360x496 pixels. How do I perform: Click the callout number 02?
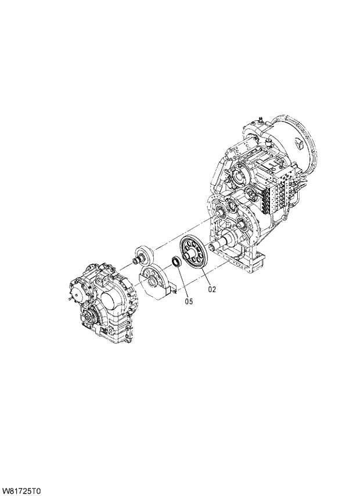[x=210, y=289]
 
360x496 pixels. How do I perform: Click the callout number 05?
[x=189, y=301]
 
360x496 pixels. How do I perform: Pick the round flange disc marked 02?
[x=195, y=253]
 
